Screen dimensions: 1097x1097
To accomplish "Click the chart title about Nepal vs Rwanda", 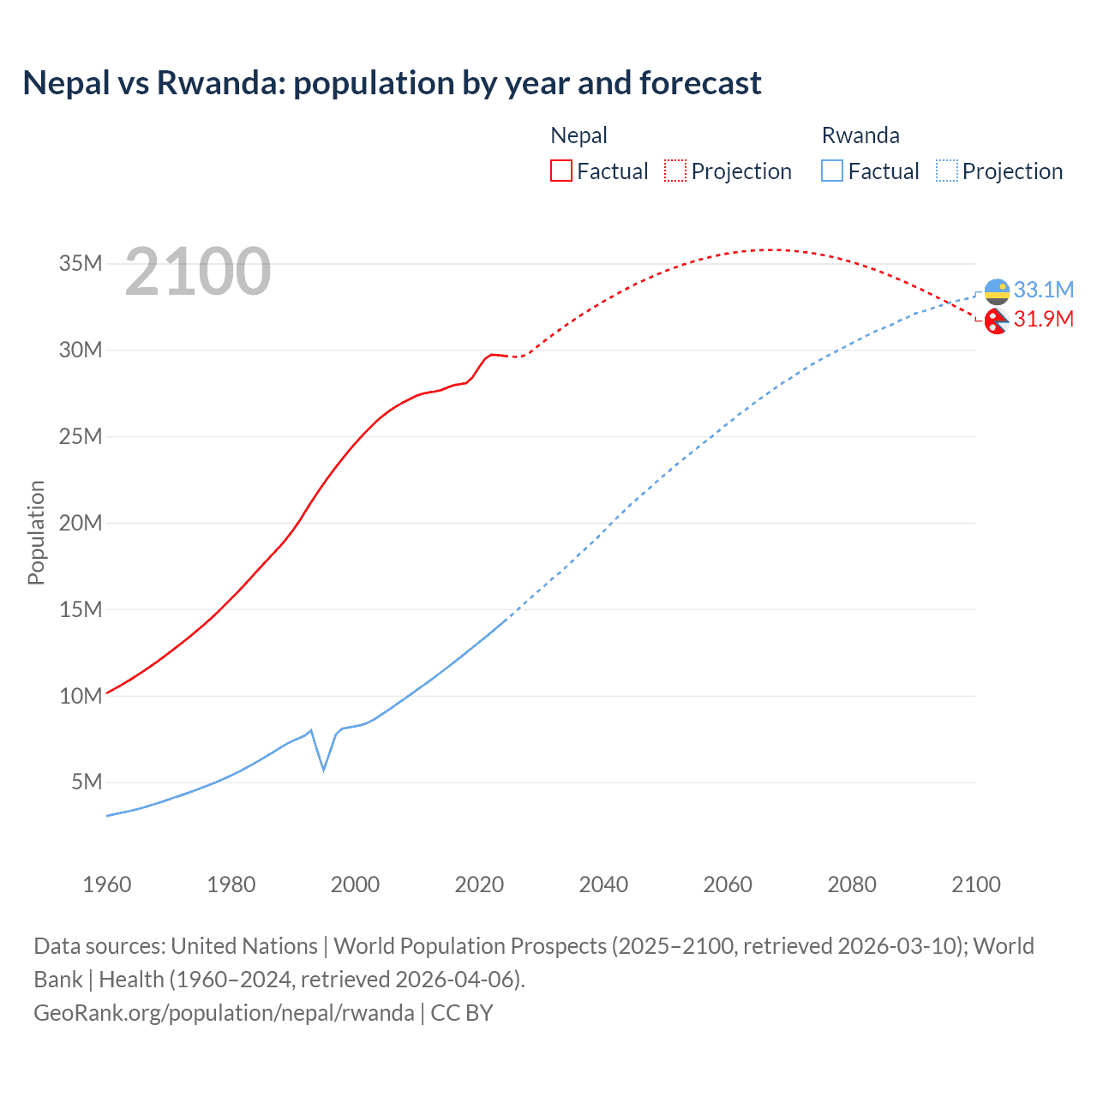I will (x=392, y=83).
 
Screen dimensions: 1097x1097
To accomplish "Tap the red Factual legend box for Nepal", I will (x=560, y=171).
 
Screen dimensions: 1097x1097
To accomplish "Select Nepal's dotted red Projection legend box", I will (x=675, y=171).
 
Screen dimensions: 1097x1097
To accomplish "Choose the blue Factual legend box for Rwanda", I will (x=831, y=171).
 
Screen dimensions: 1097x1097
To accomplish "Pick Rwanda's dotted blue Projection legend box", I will (x=947, y=171).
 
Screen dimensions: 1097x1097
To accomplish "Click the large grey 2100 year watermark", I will (x=198, y=272).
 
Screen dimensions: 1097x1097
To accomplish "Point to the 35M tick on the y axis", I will (x=81, y=263).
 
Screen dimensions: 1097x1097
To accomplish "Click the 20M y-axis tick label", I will (x=81, y=523).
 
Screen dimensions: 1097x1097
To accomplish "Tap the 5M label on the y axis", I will (x=87, y=782).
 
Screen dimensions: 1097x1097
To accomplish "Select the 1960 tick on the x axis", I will (x=107, y=884).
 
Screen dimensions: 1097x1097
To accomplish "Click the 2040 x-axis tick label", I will (x=603, y=884).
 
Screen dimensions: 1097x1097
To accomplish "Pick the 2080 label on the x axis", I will (x=852, y=884).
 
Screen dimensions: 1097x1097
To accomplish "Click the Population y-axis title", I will (x=36, y=532).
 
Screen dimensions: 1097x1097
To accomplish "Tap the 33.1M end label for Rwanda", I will (x=1043, y=290).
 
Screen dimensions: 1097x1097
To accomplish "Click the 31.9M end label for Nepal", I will (x=1043, y=319).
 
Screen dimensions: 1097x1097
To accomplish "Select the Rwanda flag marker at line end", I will (x=997, y=291).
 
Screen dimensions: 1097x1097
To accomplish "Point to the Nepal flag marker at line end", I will (x=996, y=321).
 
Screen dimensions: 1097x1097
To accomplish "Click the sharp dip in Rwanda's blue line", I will (x=323, y=769).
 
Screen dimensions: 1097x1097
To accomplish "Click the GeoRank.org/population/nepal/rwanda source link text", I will (x=224, y=1013).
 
